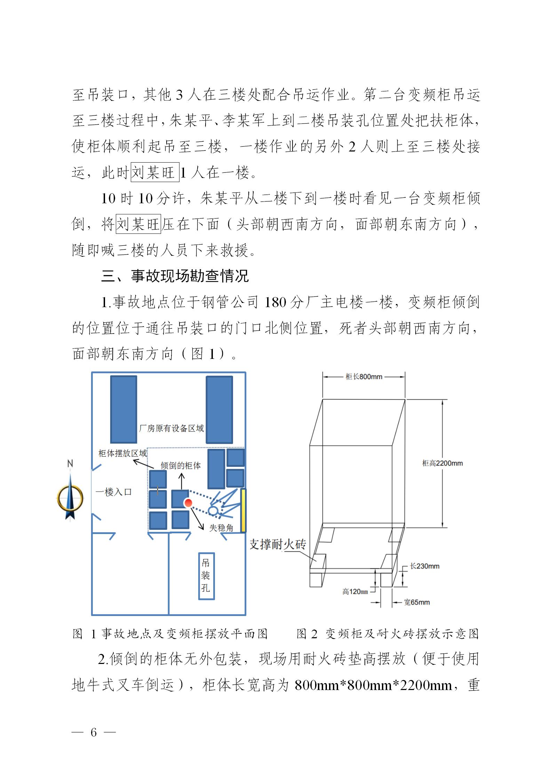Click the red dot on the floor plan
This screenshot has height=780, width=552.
[188, 502]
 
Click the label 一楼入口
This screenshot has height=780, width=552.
[114, 492]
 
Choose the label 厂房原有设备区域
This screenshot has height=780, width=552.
[171, 428]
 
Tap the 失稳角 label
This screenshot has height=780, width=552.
[221, 528]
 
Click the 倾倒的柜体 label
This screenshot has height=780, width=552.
[181, 466]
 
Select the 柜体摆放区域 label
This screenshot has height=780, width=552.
[123, 453]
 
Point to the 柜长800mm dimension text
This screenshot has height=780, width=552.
[364, 377]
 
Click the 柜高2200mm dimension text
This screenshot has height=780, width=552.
[442, 463]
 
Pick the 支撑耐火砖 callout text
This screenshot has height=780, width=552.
[278, 544]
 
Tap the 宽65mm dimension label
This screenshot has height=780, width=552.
[417, 602]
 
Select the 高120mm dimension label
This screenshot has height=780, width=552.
[355, 592]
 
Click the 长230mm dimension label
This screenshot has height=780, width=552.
[424, 566]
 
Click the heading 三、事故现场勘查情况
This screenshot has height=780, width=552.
[175, 276]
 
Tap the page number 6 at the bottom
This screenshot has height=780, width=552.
[93, 732]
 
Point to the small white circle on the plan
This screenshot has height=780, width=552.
[213, 510]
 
